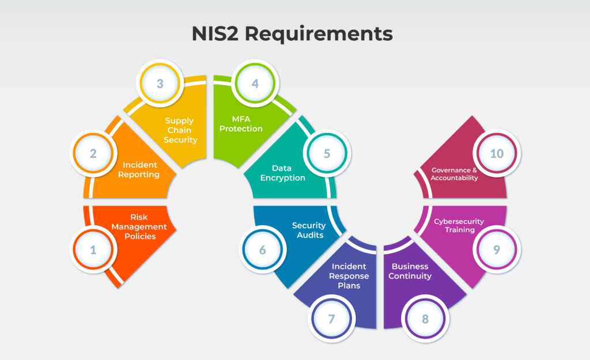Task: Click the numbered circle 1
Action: coord(93,250)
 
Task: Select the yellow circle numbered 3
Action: coord(160,83)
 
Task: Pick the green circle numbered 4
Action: coord(255,83)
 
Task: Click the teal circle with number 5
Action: coord(327,154)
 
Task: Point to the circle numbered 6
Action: coord(263,250)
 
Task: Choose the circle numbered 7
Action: coord(331,319)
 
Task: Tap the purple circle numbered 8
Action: coord(425,319)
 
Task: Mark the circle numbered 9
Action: coord(496,250)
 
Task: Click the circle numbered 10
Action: coord(496,154)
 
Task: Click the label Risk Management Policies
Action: coord(139,226)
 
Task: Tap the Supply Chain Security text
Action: coord(180,130)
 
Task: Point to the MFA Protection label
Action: coord(241,124)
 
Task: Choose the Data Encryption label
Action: coord(282,173)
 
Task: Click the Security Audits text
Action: coord(309,230)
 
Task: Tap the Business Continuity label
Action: coord(410,271)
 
